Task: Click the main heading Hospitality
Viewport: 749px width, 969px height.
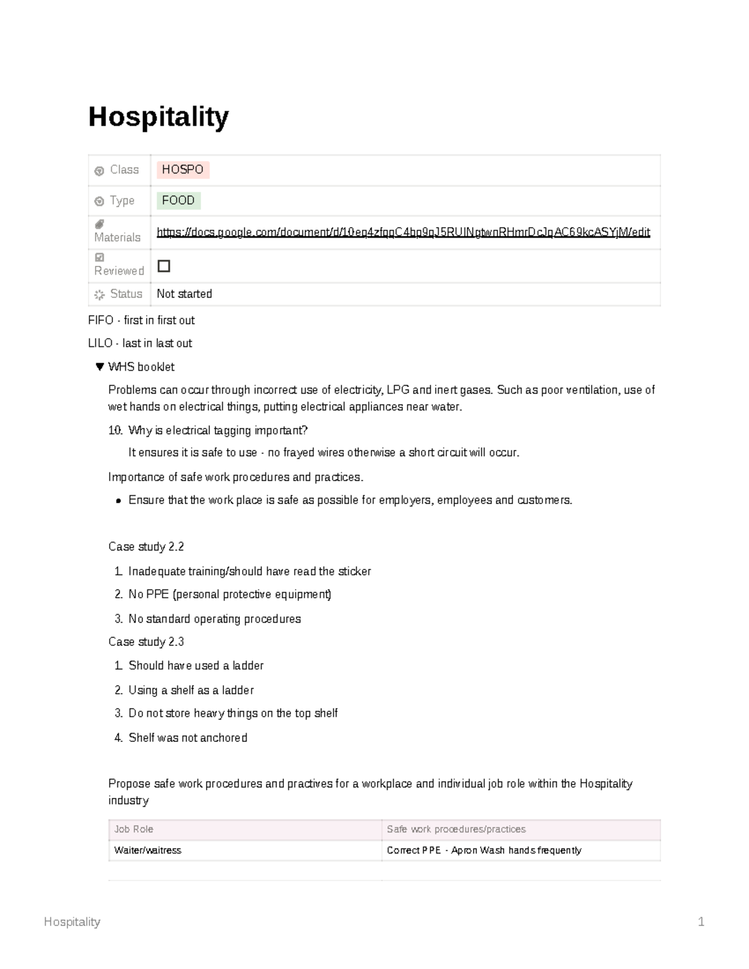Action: pyautogui.click(x=159, y=117)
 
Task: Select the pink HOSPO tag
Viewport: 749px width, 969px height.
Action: pyautogui.click(x=182, y=170)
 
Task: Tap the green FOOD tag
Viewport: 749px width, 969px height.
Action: pyautogui.click(x=179, y=200)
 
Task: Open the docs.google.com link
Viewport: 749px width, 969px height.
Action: pyautogui.click(x=403, y=232)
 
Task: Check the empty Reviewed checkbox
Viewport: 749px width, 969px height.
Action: pyautogui.click(x=164, y=266)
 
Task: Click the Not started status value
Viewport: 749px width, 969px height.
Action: pyautogui.click(x=184, y=294)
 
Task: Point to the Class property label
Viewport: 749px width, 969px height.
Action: pyautogui.click(x=124, y=170)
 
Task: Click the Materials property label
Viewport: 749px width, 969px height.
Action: pyautogui.click(x=117, y=237)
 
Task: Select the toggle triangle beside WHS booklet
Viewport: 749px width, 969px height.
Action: pyautogui.click(x=99, y=367)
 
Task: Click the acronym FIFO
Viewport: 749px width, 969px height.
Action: pyautogui.click(x=100, y=320)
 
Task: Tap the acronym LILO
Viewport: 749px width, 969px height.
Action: pyautogui.click(x=100, y=343)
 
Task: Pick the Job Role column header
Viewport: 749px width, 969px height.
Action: pyautogui.click(x=134, y=829)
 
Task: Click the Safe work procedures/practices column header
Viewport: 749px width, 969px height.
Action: pyautogui.click(x=456, y=829)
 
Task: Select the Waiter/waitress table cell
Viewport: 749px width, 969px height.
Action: pyautogui.click(x=148, y=850)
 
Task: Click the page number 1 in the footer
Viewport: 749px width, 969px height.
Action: pyautogui.click(x=701, y=922)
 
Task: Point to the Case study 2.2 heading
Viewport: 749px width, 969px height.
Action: pyautogui.click(x=146, y=547)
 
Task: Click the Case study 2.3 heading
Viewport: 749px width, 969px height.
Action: pyautogui.click(x=146, y=641)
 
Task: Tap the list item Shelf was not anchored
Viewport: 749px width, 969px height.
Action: pyautogui.click(x=188, y=738)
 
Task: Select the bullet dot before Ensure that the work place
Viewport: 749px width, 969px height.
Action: pyautogui.click(x=118, y=501)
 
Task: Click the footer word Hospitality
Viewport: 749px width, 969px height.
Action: pyautogui.click(x=72, y=922)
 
